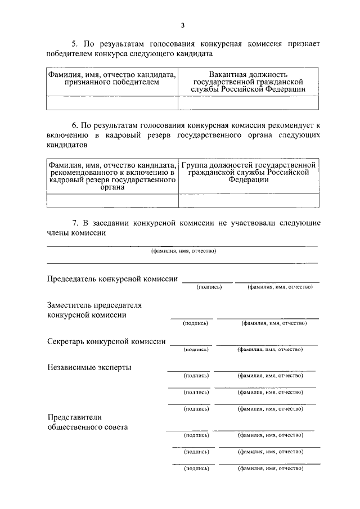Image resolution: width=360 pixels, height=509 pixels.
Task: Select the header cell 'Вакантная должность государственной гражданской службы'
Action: click(x=248, y=82)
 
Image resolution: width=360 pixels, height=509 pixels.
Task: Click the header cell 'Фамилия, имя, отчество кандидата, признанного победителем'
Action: click(x=111, y=78)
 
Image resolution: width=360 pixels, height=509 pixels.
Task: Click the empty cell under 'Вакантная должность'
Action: click(x=248, y=102)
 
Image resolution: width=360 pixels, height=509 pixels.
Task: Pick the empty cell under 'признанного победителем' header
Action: click(x=111, y=102)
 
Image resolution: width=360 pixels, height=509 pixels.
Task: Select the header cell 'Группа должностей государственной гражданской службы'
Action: click(x=248, y=173)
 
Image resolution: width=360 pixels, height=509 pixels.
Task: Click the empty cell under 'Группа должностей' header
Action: click(x=248, y=201)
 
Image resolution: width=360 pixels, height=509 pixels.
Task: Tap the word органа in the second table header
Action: click(x=112, y=188)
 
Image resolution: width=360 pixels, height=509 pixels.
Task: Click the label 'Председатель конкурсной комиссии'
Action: click(x=112, y=278)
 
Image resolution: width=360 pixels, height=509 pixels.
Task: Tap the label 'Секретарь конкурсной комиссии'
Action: click(x=106, y=341)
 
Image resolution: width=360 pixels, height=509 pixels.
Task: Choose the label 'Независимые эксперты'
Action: click(x=90, y=367)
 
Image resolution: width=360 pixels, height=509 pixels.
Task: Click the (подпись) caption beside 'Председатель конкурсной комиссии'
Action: click(x=209, y=287)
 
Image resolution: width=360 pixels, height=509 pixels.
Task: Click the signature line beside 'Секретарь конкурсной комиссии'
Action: click(x=191, y=345)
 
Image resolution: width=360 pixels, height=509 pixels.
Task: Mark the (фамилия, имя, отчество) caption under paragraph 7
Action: click(x=183, y=251)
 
